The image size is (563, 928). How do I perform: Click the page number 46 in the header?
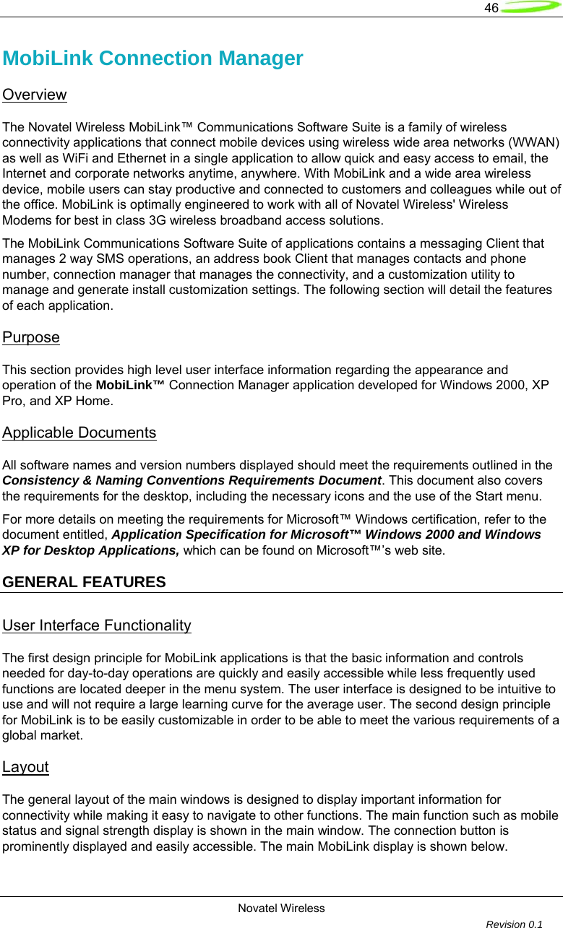pyautogui.click(x=491, y=8)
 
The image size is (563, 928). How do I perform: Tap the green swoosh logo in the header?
pyautogui.click(x=530, y=8)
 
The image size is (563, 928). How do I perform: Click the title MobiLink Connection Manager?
pyautogui.click(x=152, y=58)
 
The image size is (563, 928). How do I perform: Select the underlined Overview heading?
pyautogui.click(x=35, y=95)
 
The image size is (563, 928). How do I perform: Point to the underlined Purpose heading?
pyautogui.click(x=31, y=337)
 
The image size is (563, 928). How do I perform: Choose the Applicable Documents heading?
pyautogui.click(x=79, y=433)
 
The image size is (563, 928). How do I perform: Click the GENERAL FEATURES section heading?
pyautogui.click(x=84, y=581)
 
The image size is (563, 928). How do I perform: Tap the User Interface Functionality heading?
pyautogui.click(x=97, y=625)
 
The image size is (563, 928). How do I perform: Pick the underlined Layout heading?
pyautogui.click(x=25, y=767)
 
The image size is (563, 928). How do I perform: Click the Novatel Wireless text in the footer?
pyautogui.click(x=281, y=908)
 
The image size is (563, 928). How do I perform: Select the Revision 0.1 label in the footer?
pyautogui.click(x=515, y=924)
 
